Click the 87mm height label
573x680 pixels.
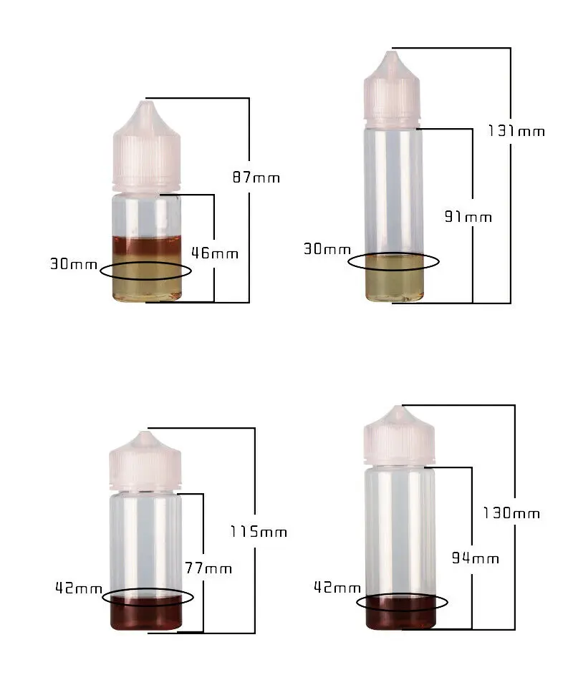tap(256, 178)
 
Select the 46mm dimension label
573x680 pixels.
tap(215, 253)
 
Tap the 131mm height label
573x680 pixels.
tap(516, 131)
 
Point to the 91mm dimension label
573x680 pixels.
tap(468, 217)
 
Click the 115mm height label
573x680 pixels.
tap(259, 532)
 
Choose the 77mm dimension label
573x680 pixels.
tap(208, 568)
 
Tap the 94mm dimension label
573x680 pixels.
tap(475, 558)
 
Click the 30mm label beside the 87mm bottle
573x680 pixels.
tap(74, 264)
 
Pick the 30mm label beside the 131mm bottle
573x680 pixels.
tap(327, 249)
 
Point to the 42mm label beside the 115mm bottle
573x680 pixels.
tap(79, 588)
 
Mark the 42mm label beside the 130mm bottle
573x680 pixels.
tap(337, 588)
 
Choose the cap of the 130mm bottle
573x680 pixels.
tap(399, 437)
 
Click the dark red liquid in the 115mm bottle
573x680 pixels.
tap(146, 614)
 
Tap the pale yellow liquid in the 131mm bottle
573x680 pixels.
tap(393, 283)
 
